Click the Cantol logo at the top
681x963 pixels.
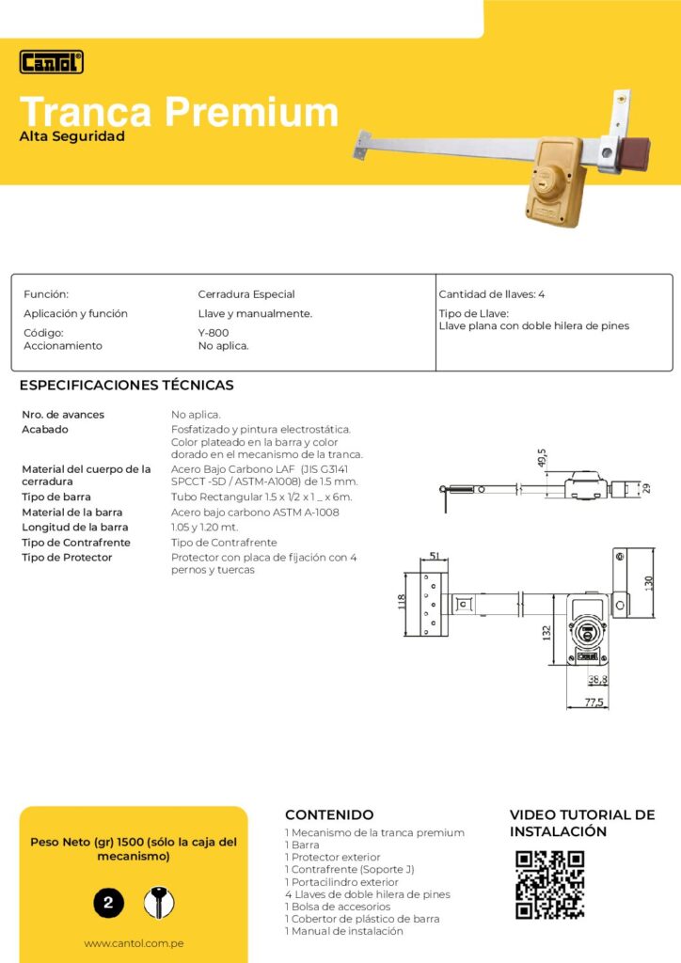(x=52, y=62)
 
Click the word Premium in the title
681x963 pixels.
(x=251, y=112)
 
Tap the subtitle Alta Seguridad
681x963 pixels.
(x=72, y=136)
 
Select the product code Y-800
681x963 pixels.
(x=213, y=332)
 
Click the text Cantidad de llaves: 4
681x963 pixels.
(x=492, y=294)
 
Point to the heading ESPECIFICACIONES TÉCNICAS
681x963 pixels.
(x=127, y=386)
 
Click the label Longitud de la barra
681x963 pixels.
(x=75, y=528)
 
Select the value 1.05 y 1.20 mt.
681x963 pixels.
(x=205, y=528)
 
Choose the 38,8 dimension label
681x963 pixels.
(x=597, y=680)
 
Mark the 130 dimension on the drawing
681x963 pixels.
(x=647, y=584)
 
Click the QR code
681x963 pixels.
(x=550, y=885)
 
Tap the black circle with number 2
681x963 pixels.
(x=108, y=904)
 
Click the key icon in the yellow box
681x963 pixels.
(x=160, y=903)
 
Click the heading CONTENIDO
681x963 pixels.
(x=329, y=815)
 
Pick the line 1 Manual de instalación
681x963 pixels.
(x=344, y=931)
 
